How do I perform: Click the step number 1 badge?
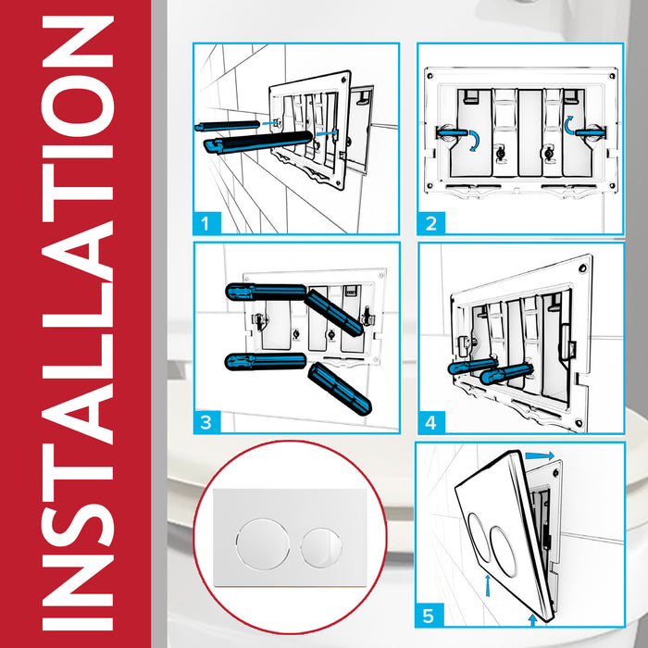pyautogui.click(x=209, y=222)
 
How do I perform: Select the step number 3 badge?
pyautogui.click(x=209, y=422)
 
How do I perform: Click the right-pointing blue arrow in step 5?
pyautogui.click(x=542, y=455)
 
